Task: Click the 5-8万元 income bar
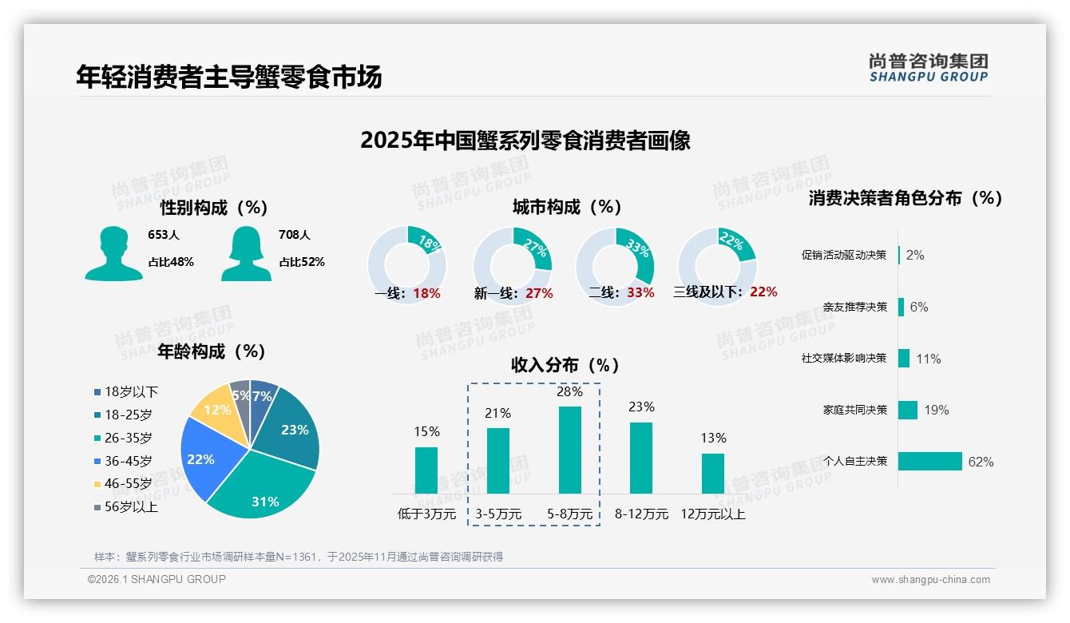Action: [569, 450]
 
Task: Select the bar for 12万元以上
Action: [713, 474]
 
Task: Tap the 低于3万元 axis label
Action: [426, 514]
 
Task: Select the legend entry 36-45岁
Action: [128, 461]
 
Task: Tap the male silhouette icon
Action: [113, 253]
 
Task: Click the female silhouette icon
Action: [246, 253]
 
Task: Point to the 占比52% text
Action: [302, 262]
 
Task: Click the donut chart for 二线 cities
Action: [615, 266]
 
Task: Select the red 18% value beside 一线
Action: [426, 293]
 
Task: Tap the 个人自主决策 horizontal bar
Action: [929, 462]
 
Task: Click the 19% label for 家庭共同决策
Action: [937, 411]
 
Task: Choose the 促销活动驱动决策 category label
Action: [844, 256]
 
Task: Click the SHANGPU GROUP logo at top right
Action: [929, 68]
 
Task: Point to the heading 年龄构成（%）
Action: [212, 351]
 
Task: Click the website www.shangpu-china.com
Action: [930, 580]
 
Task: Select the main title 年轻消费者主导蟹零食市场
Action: [229, 77]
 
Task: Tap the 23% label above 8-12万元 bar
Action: [641, 407]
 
